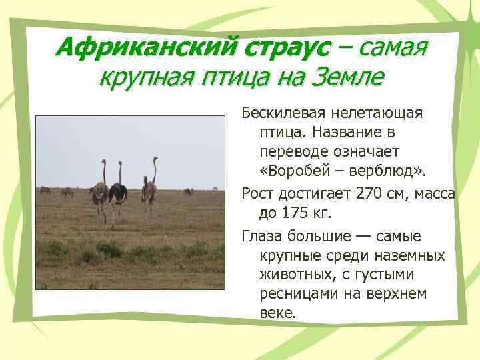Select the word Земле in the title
click(x=349, y=79)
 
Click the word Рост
click(x=257, y=194)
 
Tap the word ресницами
click(x=298, y=293)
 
